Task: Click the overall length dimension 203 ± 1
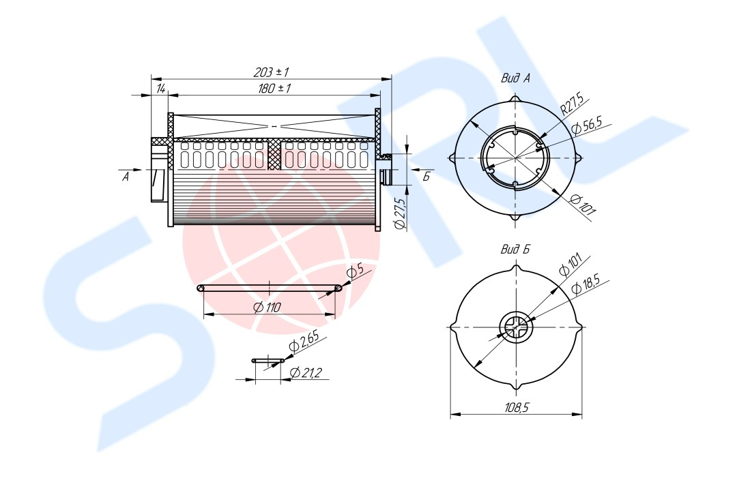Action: pos(271,72)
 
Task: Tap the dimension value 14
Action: pos(160,89)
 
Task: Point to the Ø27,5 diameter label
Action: pos(401,213)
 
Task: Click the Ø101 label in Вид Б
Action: pos(570,264)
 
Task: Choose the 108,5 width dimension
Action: pos(517,408)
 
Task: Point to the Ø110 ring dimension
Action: pos(266,308)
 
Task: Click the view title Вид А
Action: pos(516,78)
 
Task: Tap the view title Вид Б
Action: pos(516,249)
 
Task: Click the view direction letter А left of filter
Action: pos(126,177)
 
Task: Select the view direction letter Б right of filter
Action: pos(426,177)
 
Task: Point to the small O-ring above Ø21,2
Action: pos(268,359)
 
